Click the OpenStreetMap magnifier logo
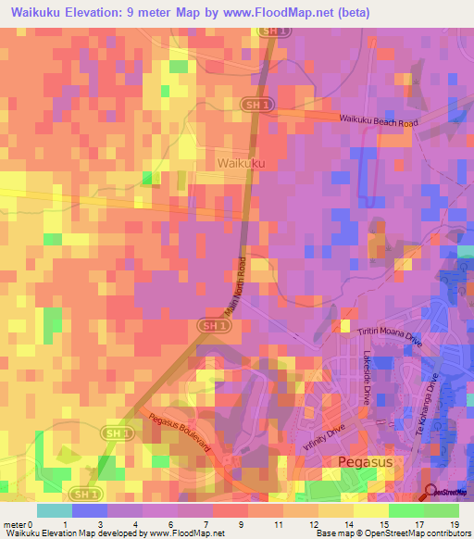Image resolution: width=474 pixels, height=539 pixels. (431, 493)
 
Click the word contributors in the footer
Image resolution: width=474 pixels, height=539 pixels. (448, 533)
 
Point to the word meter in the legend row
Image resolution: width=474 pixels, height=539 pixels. (14, 524)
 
